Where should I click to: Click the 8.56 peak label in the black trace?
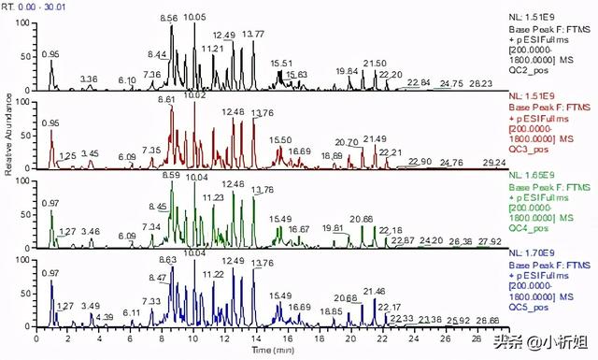tap(169, 18)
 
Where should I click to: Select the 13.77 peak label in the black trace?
tap(252, 35)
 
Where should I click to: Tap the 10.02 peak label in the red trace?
tap(195, 95)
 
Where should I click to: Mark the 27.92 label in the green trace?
tap(490, 242)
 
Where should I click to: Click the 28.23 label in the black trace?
tap(481, 84)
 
